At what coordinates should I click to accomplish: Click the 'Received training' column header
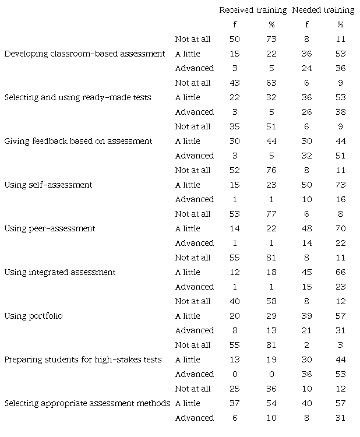click(253, 10)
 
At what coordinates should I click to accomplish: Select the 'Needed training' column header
click(323, 10)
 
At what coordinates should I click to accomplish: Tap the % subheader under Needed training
click(340, 24)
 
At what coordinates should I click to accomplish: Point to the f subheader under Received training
click(235, 24)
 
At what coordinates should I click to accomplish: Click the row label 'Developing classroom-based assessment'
click(85, 54)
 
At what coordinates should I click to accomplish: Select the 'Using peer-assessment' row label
click(50, 228)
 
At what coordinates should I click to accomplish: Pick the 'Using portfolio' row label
click(33, 316)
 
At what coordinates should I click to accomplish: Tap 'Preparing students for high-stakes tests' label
click(83, 360)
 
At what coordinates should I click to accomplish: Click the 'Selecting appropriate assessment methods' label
click(87, 403)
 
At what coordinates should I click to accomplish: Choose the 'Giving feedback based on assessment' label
click(78, 141)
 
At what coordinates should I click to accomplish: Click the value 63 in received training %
click(271, 83)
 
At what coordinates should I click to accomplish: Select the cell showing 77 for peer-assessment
click(271, 214)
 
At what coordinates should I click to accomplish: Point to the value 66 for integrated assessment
click(341, 272)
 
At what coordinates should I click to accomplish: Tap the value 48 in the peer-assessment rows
click(306, 228)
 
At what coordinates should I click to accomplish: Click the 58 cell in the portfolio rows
click(271, 301)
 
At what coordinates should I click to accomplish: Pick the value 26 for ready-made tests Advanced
click(306, 112)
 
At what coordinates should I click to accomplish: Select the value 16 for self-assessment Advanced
click(341, 199)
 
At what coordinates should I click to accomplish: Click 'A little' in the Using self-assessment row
click(187, 185)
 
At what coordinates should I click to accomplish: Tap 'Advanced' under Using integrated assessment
click(194, 287)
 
